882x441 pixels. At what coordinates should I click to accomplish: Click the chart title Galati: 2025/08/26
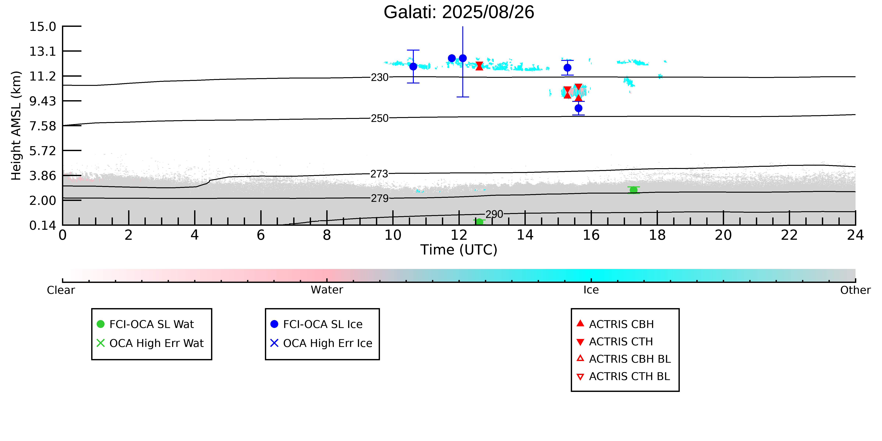pos(459,12)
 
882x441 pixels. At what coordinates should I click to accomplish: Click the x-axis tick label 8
pos(327,235)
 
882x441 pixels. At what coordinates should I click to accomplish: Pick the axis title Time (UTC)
pos(459,250)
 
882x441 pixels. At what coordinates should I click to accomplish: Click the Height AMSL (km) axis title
pos(16,126)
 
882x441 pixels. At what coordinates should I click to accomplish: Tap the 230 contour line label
pos(380,77)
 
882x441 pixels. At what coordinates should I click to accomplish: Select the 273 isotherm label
pos(380,174)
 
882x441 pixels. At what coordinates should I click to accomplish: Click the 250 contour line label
pos(380,118)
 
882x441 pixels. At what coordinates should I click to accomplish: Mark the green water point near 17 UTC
pos(633,190)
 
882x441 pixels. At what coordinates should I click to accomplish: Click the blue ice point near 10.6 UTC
pos(413,66)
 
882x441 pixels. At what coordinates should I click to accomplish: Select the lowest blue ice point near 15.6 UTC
pos(578,108)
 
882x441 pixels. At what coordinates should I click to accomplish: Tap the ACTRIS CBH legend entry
pos(615,324)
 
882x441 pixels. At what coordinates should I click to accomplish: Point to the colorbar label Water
pos(327,290)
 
